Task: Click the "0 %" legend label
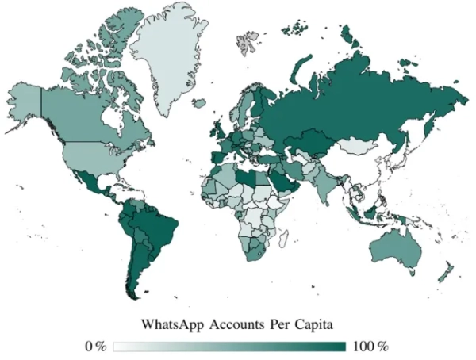pyautogui.click(x=95, y=347)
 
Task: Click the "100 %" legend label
pyautogui.click(x=370, y=347)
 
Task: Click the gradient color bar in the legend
pyautogui.click(x=229, y=347)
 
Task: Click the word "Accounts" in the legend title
pyautogui.click(x=236, y=324)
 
